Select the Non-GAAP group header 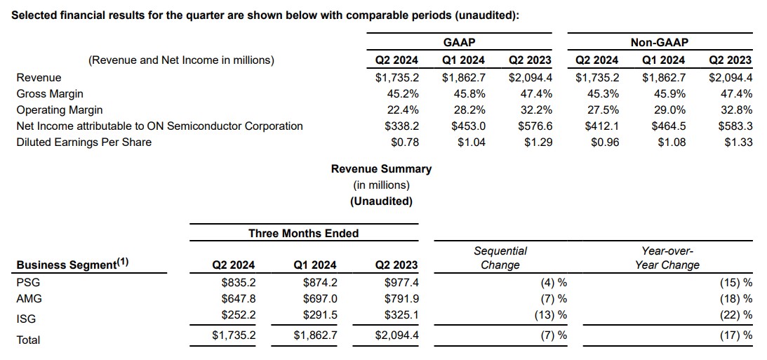pos(660,43)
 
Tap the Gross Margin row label pos(50,93)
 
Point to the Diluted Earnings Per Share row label pos(84,142)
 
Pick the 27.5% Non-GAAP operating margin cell pos(605,109)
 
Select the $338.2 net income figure pos(401,126)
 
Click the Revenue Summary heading pos(381,168)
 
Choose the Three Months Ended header pos(303,233)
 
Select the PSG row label pos(28,282)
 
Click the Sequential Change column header pos(500,258)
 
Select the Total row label pos(28,340)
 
